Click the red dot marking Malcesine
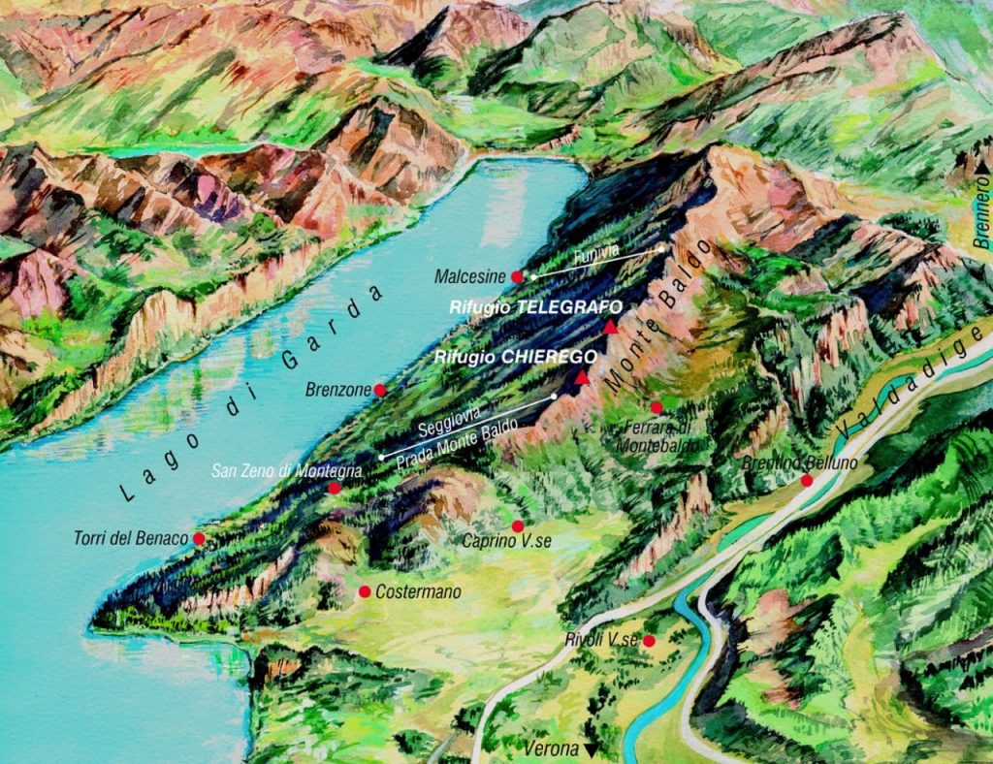click(517, 276)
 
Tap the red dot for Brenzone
click(380, 390)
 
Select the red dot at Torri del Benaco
click(199, 538)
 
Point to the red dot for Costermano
click(365, 591)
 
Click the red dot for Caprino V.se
click(518, 525)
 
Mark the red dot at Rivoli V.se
click(649, 640)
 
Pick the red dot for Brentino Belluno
click(806, 480)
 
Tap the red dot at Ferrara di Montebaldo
click(657, 406)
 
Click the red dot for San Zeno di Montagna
click(335, 488)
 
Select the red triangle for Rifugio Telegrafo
click(609, 329)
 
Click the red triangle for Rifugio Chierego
click(581, 377)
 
